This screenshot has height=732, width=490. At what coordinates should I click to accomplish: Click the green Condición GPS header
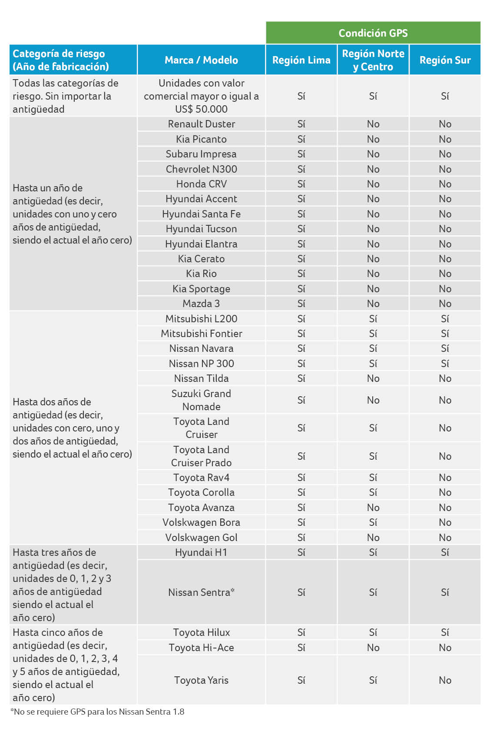click(373, 33)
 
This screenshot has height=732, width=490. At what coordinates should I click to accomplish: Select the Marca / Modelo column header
click(201, 60)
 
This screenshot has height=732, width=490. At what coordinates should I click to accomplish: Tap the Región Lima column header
click(301, 60)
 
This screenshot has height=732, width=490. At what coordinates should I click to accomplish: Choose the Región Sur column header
click(445, 60)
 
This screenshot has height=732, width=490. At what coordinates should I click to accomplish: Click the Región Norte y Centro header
click(373, 60)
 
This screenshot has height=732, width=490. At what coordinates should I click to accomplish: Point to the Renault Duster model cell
click(201, 124)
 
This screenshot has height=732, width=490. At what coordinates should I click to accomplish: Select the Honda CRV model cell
click(201, 184)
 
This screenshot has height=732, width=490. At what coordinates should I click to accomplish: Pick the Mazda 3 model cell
click(201, 304)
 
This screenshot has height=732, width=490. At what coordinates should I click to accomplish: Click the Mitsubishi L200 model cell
click(201, 319)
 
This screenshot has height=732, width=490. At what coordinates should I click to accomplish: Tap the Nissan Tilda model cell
click(201, 378)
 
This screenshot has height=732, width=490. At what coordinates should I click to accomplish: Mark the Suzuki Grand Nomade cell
click(201, 400)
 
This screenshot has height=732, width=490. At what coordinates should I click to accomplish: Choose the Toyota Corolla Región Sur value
click(445, 492)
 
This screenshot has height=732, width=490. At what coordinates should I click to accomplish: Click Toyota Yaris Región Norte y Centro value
click(373, 680)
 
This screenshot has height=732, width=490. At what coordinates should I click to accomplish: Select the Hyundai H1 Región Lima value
click(301, 552)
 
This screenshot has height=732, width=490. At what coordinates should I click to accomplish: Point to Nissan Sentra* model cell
click(201, 592)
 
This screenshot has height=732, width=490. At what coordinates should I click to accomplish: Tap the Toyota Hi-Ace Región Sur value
click(445, 648)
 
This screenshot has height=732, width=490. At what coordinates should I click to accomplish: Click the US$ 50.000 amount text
click(201, 109)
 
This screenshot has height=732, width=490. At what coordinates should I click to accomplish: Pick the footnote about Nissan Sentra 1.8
click(97, 712)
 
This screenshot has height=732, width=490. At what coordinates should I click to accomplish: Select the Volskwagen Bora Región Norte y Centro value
click(373, 522)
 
